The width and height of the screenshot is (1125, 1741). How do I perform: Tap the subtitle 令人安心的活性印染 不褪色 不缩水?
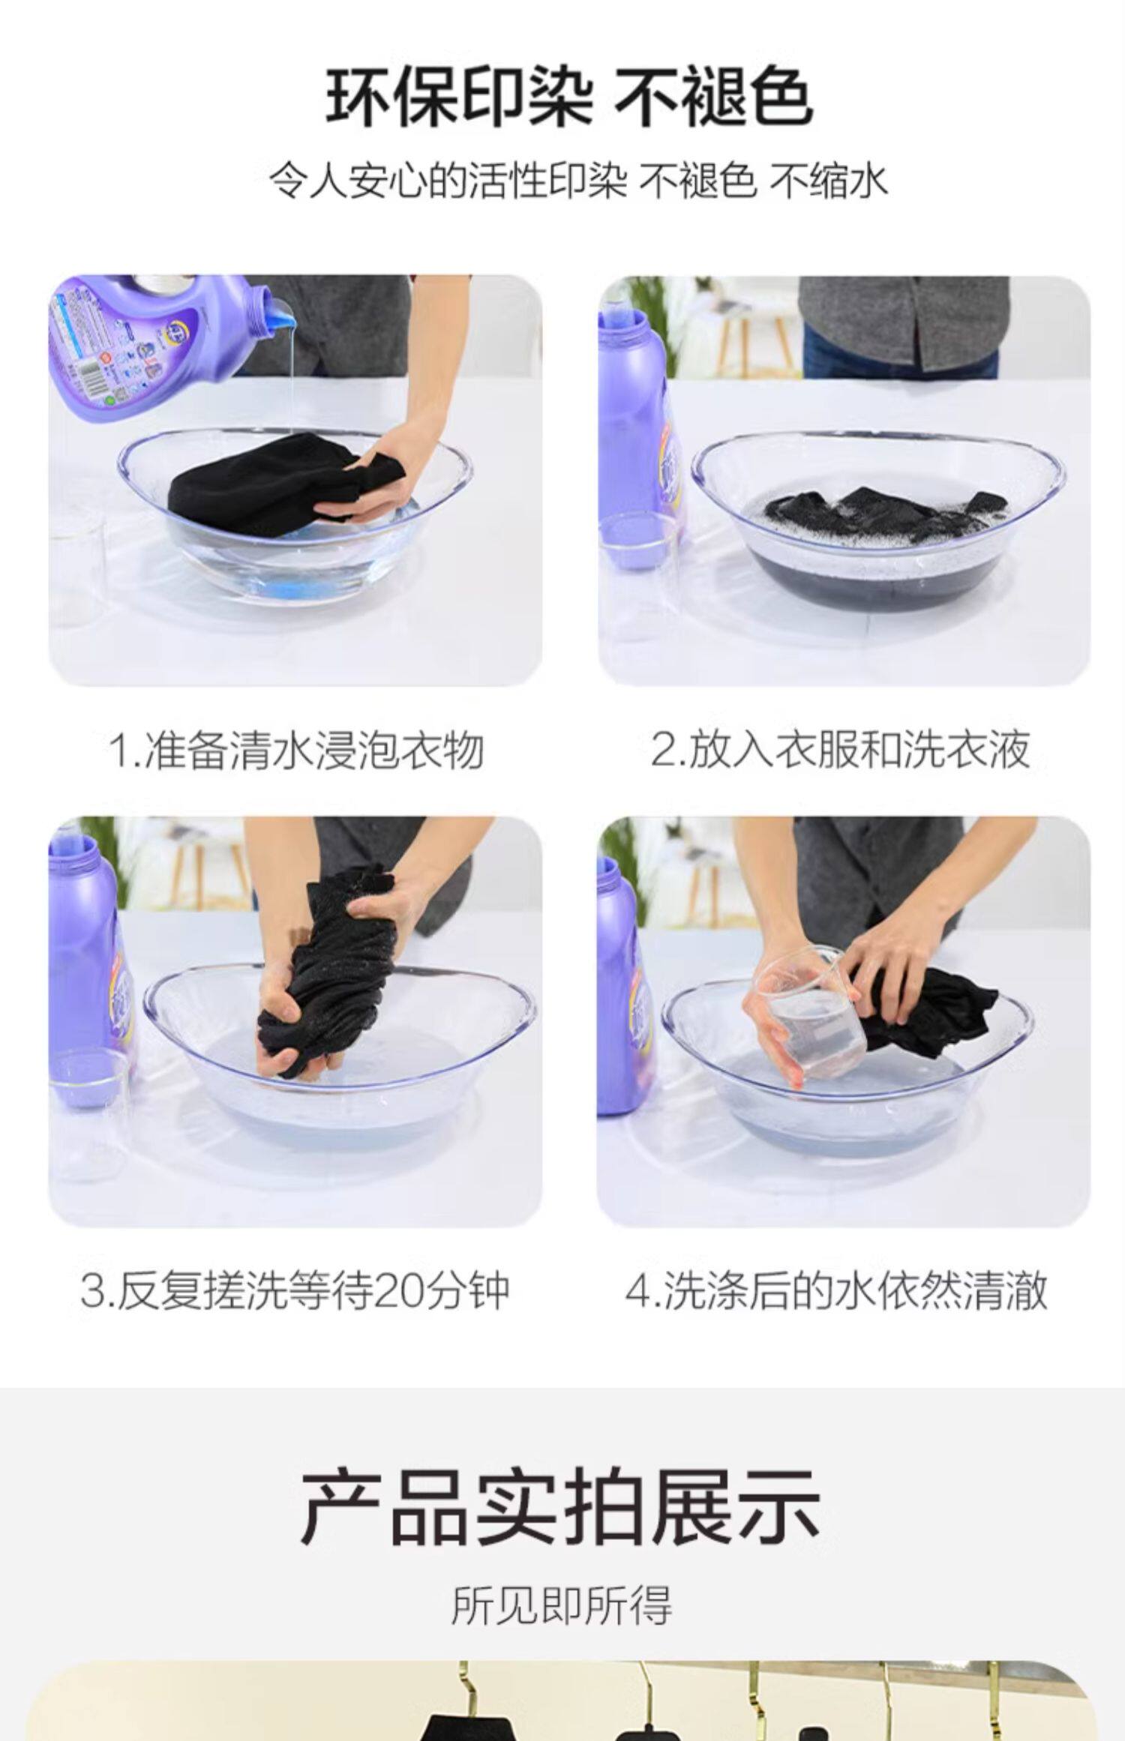(x=577, y=181)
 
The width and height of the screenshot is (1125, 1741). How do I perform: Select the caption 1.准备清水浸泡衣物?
(x=296, y=750)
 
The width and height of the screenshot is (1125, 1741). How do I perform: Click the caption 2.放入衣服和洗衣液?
(x=840, y=750)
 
